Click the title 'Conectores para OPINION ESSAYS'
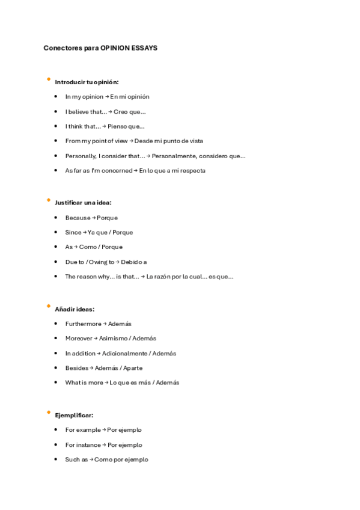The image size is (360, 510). tap(100, 48)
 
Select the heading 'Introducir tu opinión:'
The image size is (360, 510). tap(87, 82)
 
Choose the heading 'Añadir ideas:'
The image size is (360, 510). tap(75, 309)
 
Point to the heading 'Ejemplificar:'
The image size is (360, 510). tap(74, 415)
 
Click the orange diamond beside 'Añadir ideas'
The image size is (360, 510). tap(48, 306)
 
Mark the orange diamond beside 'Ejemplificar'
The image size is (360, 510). tap(48, 412)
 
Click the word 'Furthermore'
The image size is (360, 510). tap(83, 324)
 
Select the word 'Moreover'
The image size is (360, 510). tap(79, 339)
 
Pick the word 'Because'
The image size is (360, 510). tap(78, 218)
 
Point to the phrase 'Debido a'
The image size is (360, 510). tap(133, 262)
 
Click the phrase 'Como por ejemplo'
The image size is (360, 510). tap(121, 459)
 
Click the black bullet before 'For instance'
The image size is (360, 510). tap(55, 445)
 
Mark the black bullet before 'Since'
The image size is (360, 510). tap(55, 232)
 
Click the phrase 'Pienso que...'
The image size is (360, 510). tap(126, 126)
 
